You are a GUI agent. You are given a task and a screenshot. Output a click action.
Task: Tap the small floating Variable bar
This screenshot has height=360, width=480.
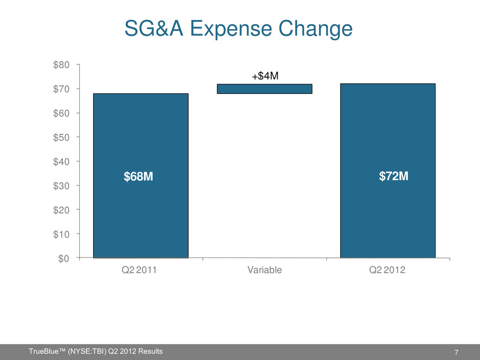pos(265,89)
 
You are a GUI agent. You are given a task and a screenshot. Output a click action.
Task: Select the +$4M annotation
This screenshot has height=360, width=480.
pos(264,76)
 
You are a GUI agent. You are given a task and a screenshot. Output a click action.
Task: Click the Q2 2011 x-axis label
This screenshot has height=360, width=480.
pos(140,271)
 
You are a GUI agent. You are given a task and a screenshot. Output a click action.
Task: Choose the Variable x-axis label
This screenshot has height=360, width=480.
pos(264,271)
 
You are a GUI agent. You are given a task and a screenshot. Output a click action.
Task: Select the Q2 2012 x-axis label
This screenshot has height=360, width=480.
pos(388,271)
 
